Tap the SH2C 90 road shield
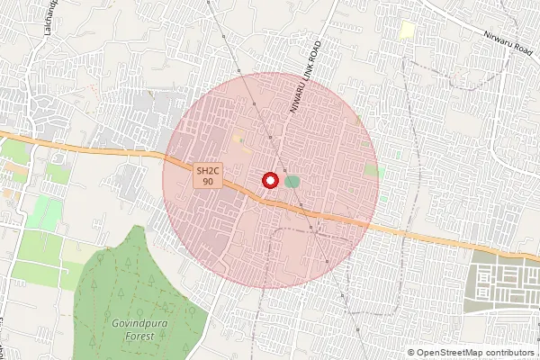coord(207,175)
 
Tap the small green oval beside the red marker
coord(292,182)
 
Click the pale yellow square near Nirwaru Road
coord(407,30)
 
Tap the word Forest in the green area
coord(139,336)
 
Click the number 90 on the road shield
coord(208,182)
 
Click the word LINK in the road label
coord(307,74)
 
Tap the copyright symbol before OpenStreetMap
coord(411,353)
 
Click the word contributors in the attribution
coord(508,353)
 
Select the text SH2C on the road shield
coord(208,170)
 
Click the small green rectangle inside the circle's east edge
coord(371,169)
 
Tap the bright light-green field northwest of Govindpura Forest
coord(44,212)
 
